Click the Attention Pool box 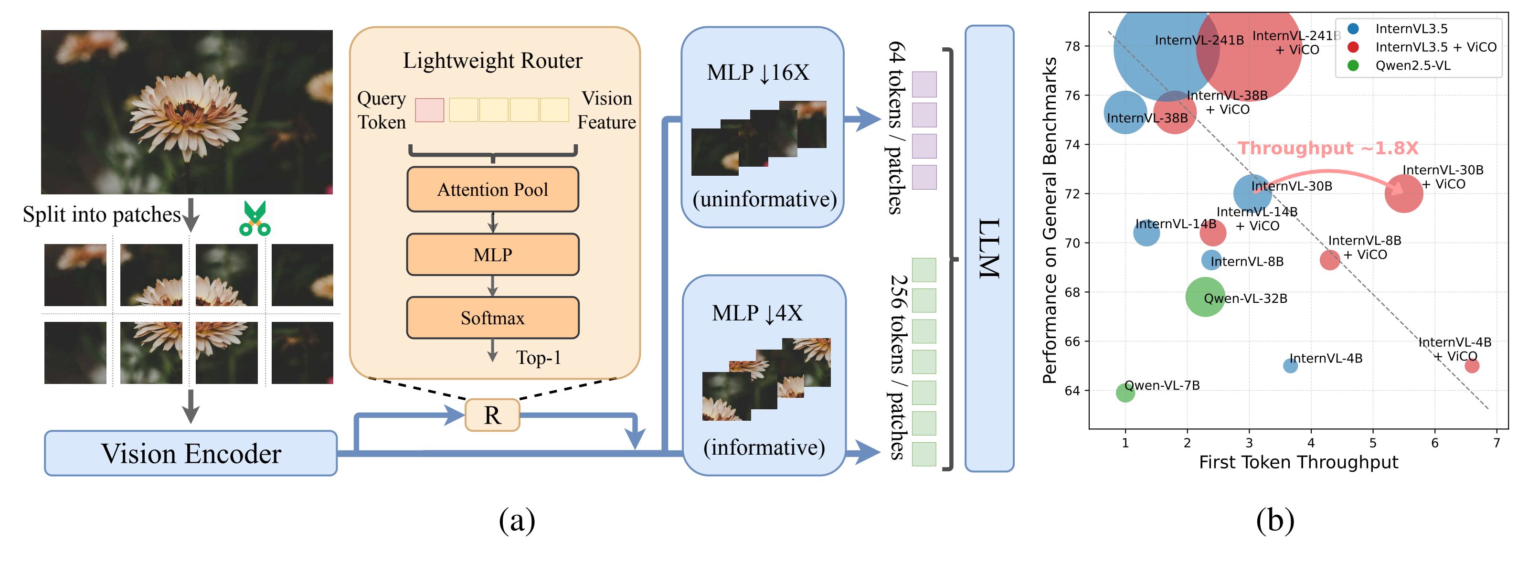coord(492,189)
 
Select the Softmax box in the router coord(492,318)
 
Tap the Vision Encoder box coord(191,453)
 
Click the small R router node coord(492,415)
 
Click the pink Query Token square coord(429,110)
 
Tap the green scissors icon coord(255,219)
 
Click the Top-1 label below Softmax coord(538,358)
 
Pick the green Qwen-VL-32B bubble coord(1205,296)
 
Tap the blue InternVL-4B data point coord(1290,365)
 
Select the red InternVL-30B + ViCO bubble coord(1403,193)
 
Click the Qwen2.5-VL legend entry coord(1412,65)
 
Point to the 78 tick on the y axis coord(1072,46)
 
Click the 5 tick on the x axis coord(1373,443)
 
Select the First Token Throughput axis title coord(1298,462)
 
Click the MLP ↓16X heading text coord(757,73)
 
